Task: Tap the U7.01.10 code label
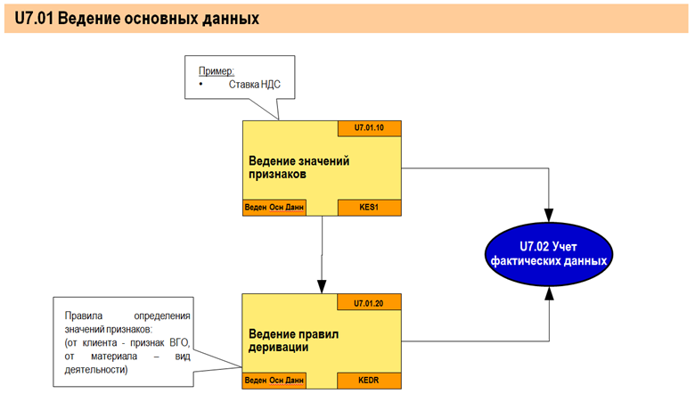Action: [x=369, y=127]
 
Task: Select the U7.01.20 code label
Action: [x=369, y=303]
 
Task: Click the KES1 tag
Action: [x=369, y=208]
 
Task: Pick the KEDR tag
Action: [x=369, y=381]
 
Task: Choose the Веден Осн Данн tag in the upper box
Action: [x=274, y=208]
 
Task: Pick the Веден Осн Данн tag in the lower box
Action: [x=274, y=381]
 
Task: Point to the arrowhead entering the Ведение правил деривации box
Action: [x=321, y=287]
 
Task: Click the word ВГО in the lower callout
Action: [x=181, y=343]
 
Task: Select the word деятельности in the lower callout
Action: [x=96, y=370]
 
